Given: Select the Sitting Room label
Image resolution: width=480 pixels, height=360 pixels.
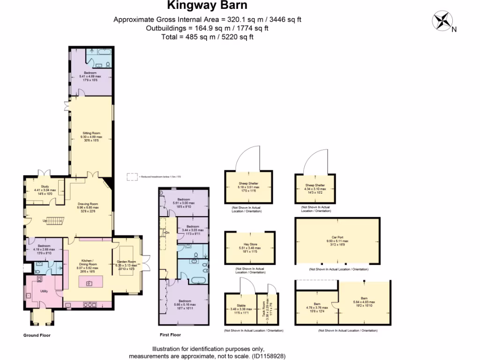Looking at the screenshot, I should tap(92, 133).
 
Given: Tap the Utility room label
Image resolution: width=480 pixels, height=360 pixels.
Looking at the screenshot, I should tap(45, 291).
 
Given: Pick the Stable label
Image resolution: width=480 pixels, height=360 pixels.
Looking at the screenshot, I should tap(241, 305).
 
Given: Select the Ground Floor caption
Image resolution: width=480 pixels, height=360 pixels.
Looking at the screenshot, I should tap(37, 335).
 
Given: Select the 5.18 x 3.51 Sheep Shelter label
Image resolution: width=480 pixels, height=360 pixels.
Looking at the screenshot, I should tap(248, 184).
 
